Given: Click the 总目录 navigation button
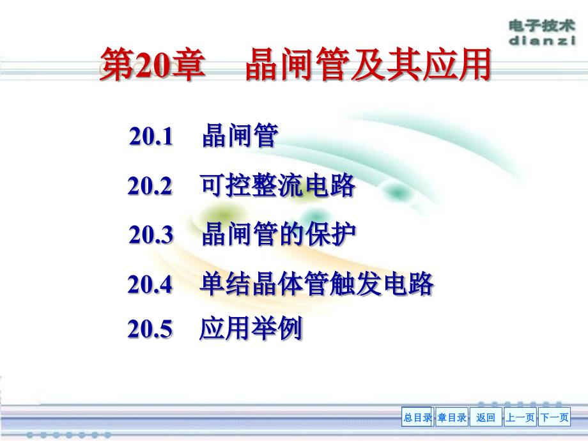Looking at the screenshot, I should (417, 418).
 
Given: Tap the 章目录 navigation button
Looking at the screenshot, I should (452, 418).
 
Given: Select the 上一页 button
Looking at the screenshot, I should (520, 418).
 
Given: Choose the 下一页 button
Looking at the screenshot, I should (554, 418).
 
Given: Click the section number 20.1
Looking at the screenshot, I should (151, 137).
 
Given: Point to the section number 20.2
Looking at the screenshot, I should (150, 186).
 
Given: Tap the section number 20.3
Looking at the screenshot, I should (151, 235).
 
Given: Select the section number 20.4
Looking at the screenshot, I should (150, 284).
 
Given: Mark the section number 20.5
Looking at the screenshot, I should (150, 329).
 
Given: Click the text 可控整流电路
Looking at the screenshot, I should (277, 186).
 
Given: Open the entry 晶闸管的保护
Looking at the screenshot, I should (279, 235).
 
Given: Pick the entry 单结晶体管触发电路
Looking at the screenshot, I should (317, 284).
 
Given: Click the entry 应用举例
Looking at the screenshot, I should (251, 329).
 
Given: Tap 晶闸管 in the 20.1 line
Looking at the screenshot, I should (239, 137).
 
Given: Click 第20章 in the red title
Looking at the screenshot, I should (152, 66).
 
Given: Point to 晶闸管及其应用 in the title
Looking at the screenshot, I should (367, 66).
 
